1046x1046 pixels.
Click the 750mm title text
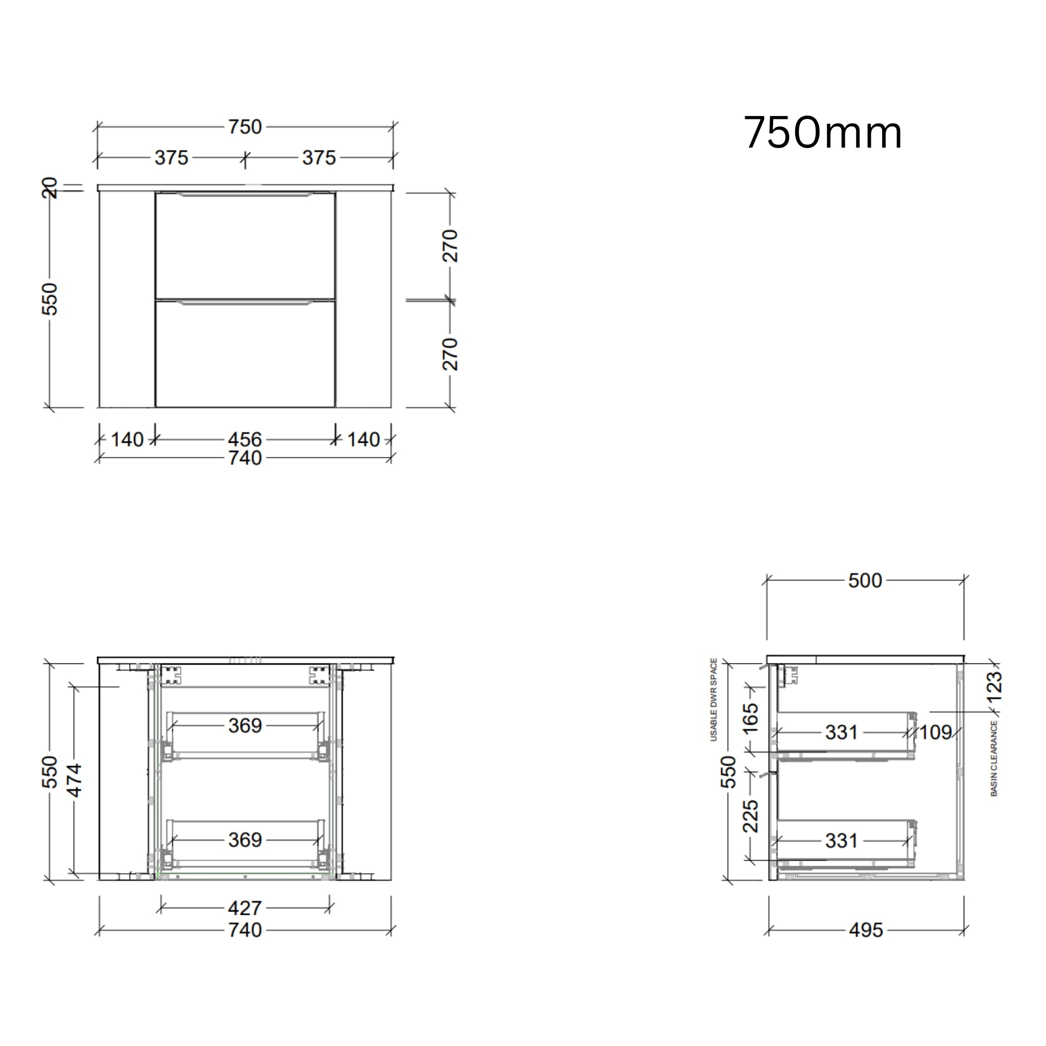tap(822, 133)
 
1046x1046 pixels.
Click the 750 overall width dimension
tap(245, 127)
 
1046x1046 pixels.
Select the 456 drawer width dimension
tap(245, 439)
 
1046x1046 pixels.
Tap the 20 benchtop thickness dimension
tap(50, 188)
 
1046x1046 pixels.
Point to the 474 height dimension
tap(74, 780)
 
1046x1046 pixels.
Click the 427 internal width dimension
tap(245, 908)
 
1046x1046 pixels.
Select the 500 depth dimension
tap(865, 580)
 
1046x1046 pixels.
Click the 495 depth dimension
tap(866, 930)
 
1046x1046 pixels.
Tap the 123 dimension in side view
tap(994, 686)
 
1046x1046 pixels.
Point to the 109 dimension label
tap(936, 732)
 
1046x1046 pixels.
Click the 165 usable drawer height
tap(750, 719)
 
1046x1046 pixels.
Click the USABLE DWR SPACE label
tap(714, 700)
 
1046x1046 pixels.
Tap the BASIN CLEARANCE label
tap(994, 758)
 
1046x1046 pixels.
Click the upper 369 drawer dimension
tap(245, 725)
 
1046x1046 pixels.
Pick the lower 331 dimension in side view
tap(841, 841)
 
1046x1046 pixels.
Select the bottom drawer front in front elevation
tap(245, 354)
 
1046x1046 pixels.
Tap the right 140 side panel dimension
tap(363, 439)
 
